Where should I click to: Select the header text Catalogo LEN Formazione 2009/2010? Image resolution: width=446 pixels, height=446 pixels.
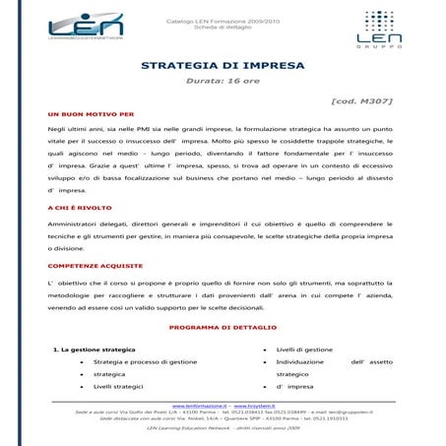222,19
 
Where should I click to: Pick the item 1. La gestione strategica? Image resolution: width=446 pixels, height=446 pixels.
94,350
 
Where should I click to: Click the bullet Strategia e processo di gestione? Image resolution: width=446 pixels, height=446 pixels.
146,362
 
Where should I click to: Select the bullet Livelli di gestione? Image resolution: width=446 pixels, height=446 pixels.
304,350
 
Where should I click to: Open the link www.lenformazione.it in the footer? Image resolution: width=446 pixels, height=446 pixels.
200,405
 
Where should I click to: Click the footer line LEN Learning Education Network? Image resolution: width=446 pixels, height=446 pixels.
223,430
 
